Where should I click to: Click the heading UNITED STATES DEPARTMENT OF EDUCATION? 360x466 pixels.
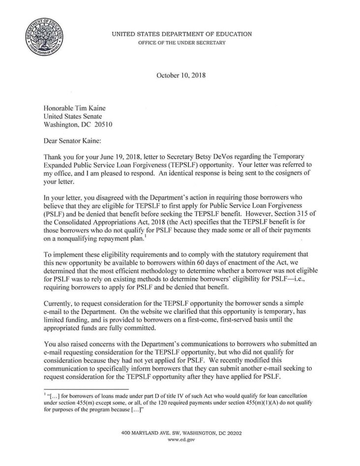[x=182, y=34]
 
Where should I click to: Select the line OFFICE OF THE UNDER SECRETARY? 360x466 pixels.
[x=182, y=43]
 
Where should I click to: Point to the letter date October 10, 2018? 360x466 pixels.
[x=180, y=76]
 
